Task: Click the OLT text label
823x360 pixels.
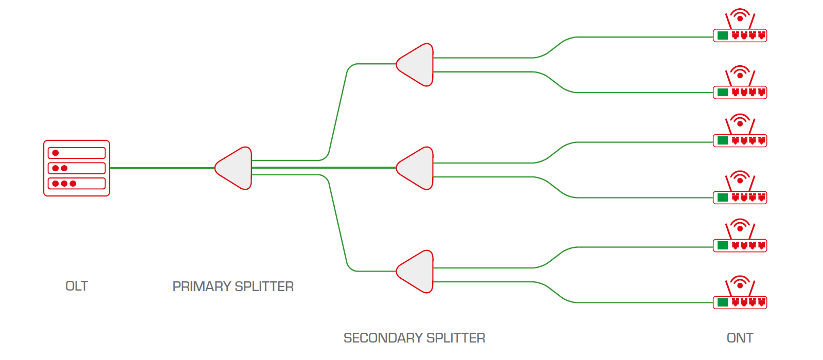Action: tap(77, 286)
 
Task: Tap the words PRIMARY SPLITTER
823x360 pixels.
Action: tap(233, 286)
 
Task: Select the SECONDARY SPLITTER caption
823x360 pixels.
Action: tap(414, 338)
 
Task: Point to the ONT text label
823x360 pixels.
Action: tap(740, 338)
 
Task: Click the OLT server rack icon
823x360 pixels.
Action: tap(77, 168)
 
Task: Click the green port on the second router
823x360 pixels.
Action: tap(723, 93)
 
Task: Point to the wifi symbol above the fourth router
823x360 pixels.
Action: tap(740, 177)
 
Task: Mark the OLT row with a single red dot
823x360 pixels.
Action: tap(77, 153)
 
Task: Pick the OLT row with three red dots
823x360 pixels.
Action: tap(77, 184)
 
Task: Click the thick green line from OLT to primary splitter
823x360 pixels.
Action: tap(162, 168)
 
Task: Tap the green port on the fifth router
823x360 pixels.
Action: tap(723, 245)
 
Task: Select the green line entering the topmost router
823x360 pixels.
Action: tap(643, 37)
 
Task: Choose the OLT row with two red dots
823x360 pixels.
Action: tap(77, 168)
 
